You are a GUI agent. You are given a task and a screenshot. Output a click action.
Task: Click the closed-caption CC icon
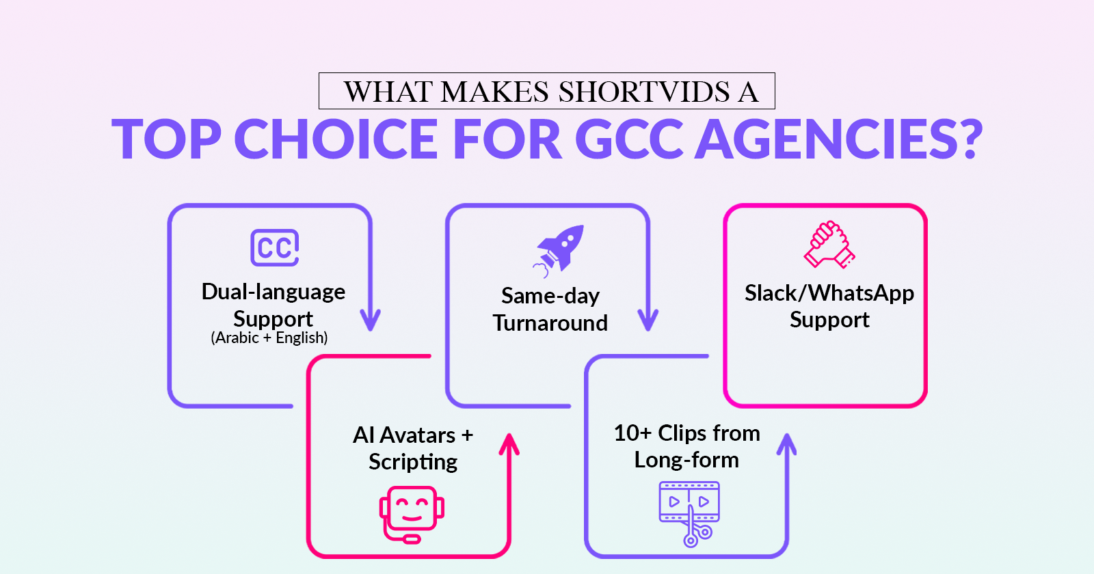coord(274,247)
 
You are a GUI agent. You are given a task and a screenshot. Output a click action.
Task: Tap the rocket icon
coord(558,251)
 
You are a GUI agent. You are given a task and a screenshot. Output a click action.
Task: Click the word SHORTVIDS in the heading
coord(643,92)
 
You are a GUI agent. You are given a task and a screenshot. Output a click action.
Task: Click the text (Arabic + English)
coord(269,338)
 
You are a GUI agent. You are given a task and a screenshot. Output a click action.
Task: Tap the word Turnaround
coord(550,323)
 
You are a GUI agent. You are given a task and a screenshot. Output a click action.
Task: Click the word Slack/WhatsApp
coord(829,293)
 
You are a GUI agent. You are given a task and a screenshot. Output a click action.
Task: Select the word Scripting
coord(413,462)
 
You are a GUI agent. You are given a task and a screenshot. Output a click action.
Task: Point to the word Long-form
coord(686,460)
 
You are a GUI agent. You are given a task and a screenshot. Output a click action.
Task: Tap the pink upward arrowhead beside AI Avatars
coord(509,444)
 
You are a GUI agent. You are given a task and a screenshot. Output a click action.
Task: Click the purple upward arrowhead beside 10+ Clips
coord(787,444)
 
